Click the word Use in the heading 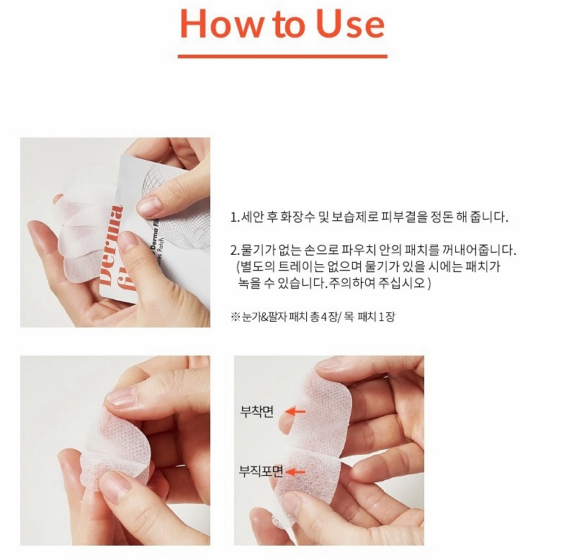click(x=350, y=23)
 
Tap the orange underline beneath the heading click(x=282, y=56)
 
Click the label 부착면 click(x=257, y=412)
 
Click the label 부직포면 click(x=261, y=471)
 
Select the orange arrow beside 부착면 click(x=295, y=412)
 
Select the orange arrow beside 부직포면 click(x=295, y=472)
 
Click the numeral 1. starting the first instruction click(x=235, y=217)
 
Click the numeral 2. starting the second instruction click(x=235, y=250)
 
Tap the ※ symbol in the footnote click(x=235, y=317)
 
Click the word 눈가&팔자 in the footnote click(x=264, y=317)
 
